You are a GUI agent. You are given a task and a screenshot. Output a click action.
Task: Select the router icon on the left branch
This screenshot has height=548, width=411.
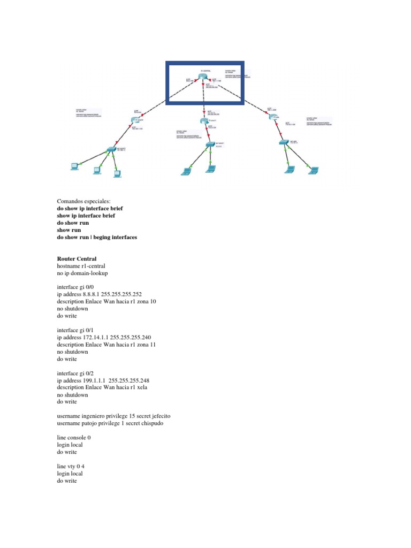[x=134, y=121]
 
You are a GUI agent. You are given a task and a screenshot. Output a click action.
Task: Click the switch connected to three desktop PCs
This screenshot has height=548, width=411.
[x=111, y=149]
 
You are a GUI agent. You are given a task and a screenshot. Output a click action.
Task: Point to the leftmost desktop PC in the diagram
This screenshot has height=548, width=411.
[x=74, y=166]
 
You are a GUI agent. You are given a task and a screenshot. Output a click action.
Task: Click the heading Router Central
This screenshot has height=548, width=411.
[x=77, y=259]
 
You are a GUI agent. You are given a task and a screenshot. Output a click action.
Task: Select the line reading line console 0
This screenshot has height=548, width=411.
[x=73, y=437]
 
